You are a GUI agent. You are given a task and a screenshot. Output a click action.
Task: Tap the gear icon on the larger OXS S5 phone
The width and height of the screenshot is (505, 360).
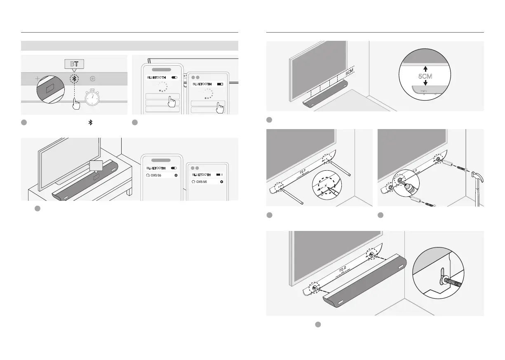pos(176,175)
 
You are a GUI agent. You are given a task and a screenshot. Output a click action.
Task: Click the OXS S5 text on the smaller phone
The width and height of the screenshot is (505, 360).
pos(202,181)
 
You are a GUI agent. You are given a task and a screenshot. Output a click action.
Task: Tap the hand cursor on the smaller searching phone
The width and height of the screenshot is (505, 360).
pos(221,108)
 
